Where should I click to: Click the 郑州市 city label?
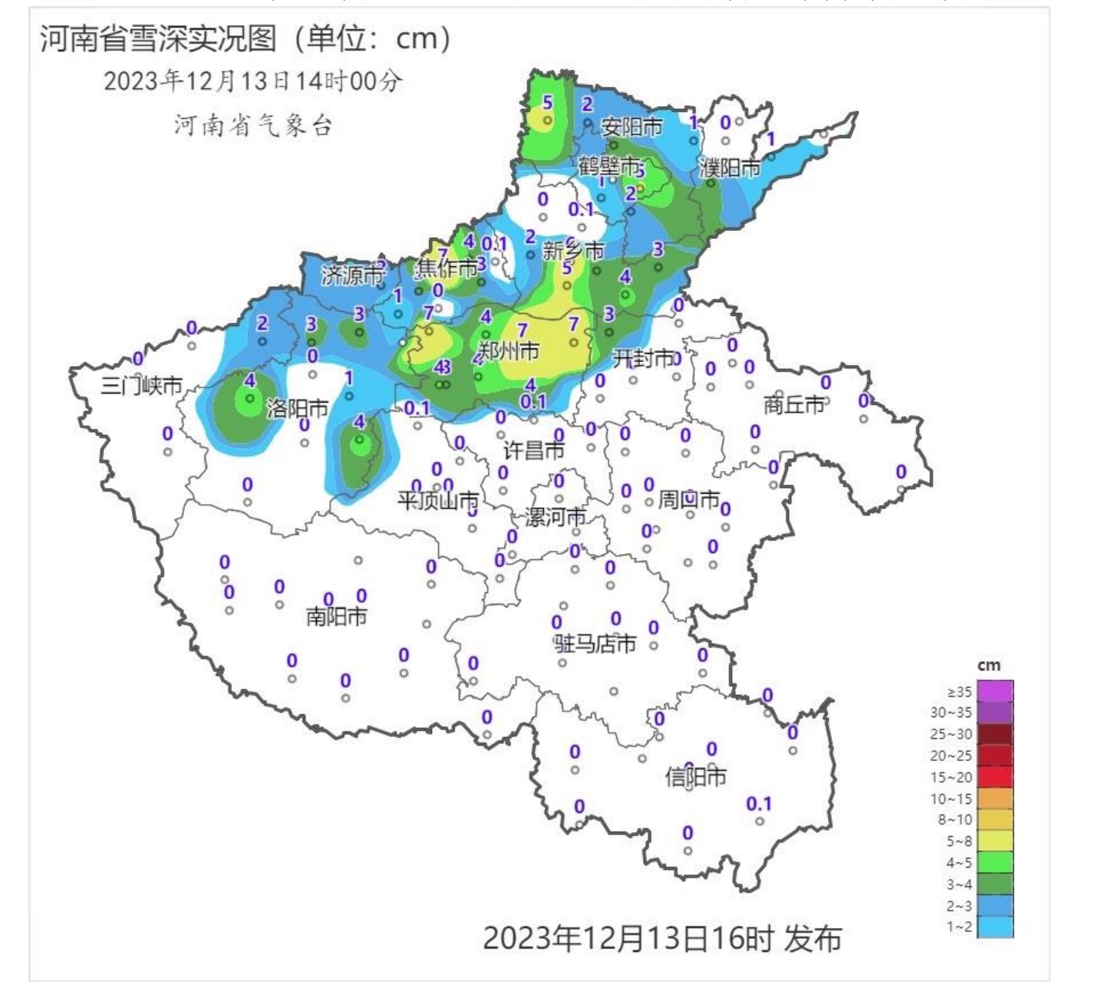(x=509, y=351)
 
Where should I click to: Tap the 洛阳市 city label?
(x=298, y=408)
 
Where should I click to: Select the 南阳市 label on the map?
(x=336, y=616)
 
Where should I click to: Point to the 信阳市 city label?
(x=695, y=777)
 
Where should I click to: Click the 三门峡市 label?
(x=142, y=385)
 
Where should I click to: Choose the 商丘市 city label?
(x=793, y=403)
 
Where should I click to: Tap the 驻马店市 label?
(x=595, y=643)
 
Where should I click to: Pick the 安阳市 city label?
(x=632, y=127)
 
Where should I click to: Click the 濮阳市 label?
(x=729, y=167)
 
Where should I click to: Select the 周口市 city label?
(x=688, y=500)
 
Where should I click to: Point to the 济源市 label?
(x=352, y=275)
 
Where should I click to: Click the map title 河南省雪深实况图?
(x=158, y=38)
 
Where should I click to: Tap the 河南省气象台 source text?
(x=252, y=125)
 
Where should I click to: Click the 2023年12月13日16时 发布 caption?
(x=661, y=937)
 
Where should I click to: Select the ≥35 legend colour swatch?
(x=995, y=691)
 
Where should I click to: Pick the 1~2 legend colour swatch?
(x=995, y=927)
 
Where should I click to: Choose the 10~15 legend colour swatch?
(x=995, y=799)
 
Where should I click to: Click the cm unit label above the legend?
(x=988, y=665)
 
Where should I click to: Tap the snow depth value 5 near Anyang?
(x=547, y=102)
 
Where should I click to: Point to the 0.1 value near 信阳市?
(x=758, y=803)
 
